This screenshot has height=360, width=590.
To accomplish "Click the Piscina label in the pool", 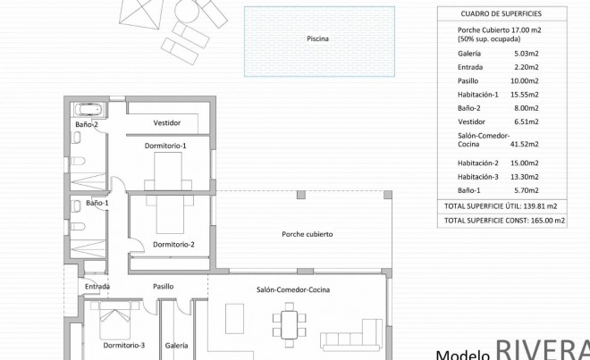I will point(317,39).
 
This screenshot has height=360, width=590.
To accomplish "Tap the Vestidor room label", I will point(167,122).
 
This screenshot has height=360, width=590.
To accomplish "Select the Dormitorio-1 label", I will point(165,145).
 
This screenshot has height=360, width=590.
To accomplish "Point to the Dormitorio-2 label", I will point(173,244).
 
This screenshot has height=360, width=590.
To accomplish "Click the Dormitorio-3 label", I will point(123,345).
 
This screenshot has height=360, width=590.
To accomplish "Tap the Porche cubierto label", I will point(307,234).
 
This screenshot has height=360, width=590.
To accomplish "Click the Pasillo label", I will point(163,287).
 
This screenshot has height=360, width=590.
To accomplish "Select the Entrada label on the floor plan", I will point(97,287).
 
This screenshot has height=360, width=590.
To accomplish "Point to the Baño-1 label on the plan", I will point(97,204).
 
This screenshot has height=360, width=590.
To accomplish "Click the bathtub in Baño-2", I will point(90,111).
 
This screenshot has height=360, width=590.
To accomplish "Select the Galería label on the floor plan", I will point(176,345).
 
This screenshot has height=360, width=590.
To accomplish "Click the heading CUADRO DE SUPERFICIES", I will point(501,13).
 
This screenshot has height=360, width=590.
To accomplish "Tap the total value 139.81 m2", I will point(544,205).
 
